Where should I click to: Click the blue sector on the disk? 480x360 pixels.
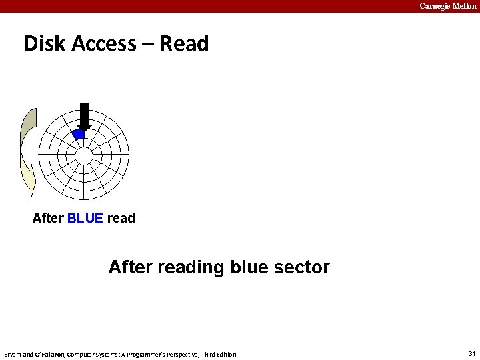(79, 134)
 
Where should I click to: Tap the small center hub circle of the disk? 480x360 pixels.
(83, 156)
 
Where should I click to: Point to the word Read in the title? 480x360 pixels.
(184, 43)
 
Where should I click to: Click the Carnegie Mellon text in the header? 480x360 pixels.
(447, 6)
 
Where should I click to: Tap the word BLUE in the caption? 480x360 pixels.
(85, 218)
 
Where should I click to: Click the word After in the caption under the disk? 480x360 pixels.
(48, 218)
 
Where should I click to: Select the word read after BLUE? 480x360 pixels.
(121, 218)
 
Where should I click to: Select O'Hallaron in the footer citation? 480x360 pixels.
(49, 354)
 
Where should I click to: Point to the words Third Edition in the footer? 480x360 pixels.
(219, 354)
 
